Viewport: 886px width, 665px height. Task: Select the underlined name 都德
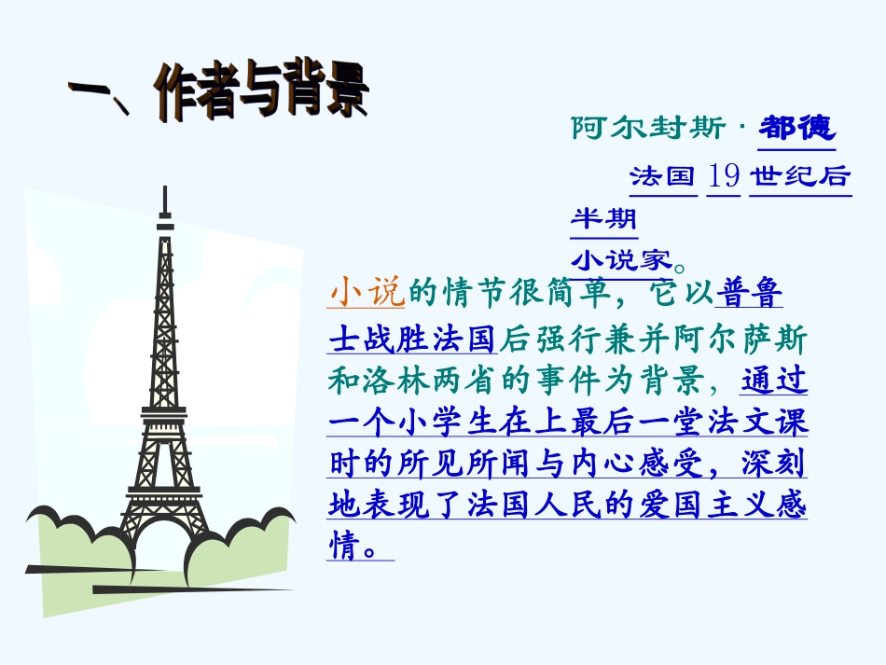click(796, 127)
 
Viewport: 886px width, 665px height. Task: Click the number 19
click(724, 175)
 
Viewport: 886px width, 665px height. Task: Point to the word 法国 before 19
click(663, 175)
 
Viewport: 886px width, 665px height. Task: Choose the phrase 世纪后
click(800, 175)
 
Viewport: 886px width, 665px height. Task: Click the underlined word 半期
click(603, 219)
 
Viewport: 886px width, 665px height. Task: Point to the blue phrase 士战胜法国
click(414, 337)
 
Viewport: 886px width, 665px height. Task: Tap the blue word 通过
click(775, 380)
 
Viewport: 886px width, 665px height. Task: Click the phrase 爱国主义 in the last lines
click(700, 506)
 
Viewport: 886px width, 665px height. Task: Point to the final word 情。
click(353, 547)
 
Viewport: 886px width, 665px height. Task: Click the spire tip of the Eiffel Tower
click(165, 189)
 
